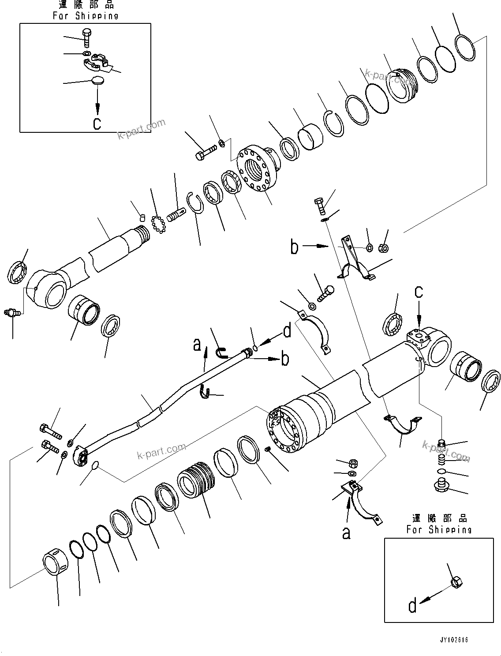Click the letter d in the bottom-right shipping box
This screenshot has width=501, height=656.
click(x=412, y=606)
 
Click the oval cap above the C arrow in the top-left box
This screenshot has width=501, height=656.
click(x=99, y=81)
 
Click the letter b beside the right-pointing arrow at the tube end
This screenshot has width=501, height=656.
click(x=285, y=359)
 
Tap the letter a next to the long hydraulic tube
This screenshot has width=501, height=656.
click(x=197, y=345)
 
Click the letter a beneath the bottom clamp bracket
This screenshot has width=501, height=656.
click(x=347, y=533)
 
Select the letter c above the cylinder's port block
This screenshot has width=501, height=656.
click(x=419, y=291)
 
